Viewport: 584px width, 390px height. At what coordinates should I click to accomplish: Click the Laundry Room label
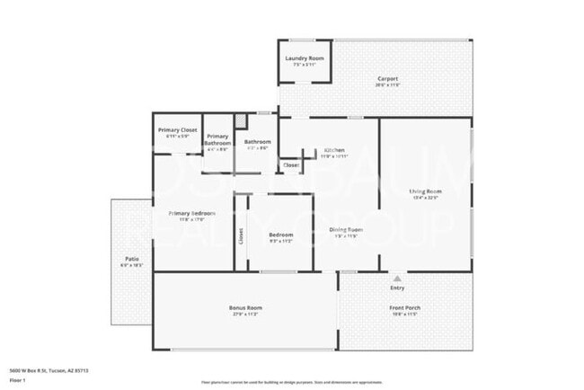tap(305, 59)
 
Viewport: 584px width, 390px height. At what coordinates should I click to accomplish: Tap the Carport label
tap(386, 79)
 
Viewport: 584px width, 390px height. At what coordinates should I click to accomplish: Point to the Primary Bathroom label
tap(217, 140)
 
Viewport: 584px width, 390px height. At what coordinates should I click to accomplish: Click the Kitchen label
tap(334, 150)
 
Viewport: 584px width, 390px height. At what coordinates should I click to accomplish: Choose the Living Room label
tap(425, 191)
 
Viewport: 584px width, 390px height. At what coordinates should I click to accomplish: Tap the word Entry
tap(397, 288)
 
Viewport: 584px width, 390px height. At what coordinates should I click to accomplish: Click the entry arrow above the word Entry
tap(396, 277)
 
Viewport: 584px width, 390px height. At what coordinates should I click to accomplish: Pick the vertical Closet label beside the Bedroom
tap(241, 235)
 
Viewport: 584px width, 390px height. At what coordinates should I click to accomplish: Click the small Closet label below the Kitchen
tap(291, 165)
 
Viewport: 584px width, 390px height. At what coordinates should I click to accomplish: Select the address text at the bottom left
tap(49, 369)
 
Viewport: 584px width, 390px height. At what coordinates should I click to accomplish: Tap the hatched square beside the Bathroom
tap(240, 120)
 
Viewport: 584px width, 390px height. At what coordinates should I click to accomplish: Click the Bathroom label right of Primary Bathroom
tap(258, 141)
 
